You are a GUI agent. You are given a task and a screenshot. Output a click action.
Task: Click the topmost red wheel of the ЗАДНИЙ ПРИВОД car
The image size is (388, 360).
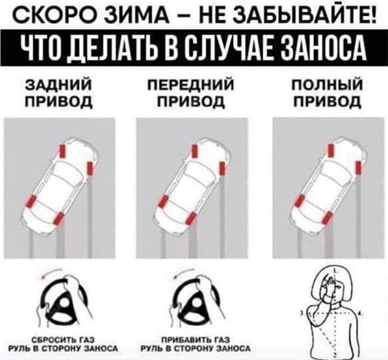pyautogui.click(x=62, y=151)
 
